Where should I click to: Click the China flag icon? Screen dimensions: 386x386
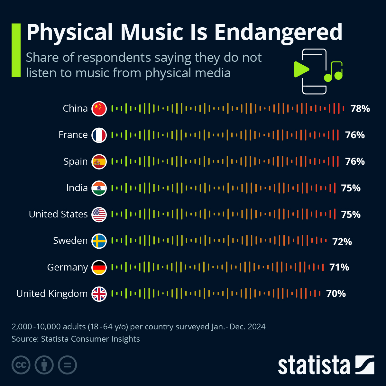coord(99,109)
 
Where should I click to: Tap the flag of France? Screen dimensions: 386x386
coord(99,135)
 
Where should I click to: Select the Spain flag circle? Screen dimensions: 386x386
coord(99,161)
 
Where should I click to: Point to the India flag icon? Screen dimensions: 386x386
coord(99,188)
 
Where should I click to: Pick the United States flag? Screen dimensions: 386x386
coord(99,215)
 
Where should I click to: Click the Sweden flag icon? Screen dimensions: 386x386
coord(99,241)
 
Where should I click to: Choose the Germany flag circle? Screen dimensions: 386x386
coord(99,267)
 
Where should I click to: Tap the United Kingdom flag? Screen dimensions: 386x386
coord(99,294)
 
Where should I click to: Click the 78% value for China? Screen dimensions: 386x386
coord(360,109)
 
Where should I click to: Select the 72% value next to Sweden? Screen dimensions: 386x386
coord(342,242)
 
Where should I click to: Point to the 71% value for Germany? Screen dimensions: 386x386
coord(339,267)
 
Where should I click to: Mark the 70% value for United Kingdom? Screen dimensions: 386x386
coord(336,294)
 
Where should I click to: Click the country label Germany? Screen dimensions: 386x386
coord(67,267)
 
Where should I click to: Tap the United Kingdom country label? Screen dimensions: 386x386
coord(52,294)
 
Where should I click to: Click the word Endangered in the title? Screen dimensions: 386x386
coord(278,32)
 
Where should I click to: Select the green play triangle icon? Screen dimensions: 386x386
coord(301,69)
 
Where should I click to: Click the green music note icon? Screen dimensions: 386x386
coord(334,71)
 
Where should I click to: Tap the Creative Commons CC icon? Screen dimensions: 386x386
coord(21,365)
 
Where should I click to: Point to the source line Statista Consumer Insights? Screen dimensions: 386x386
coord(76,339)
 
